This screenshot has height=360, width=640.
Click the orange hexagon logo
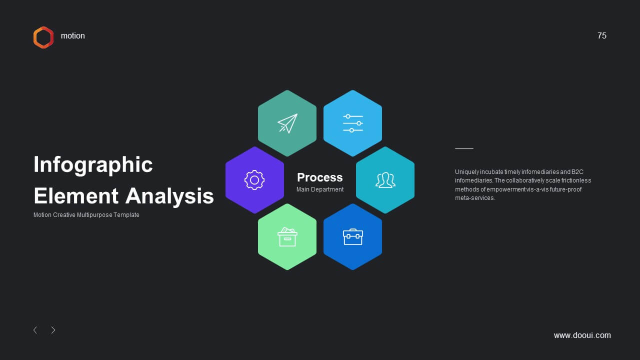click(34, 37)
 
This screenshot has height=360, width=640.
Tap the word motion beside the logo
click(73, 35)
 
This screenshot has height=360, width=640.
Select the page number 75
click(601, 35)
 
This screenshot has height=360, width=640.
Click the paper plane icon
click(287, 123)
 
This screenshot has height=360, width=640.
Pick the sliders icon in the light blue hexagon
click(353, 123)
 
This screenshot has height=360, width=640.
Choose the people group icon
click(385, 180)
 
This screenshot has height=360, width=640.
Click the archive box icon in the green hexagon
click(287, 236)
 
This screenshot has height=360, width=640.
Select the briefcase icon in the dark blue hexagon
click(353, 237)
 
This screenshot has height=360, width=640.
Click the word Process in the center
click(319, 177)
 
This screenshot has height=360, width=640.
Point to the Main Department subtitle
click(320, 189)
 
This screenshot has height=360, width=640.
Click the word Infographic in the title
click(93, 165)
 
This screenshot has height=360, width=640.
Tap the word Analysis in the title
click(169, 196)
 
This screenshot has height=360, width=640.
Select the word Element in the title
click(76, 196)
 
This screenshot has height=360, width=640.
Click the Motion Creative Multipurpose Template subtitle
click(86, 215)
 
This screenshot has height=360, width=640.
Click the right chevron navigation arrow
click(53, 330)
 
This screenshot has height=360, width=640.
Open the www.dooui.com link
click(582, 335)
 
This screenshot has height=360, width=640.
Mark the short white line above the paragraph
click(464, 148)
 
